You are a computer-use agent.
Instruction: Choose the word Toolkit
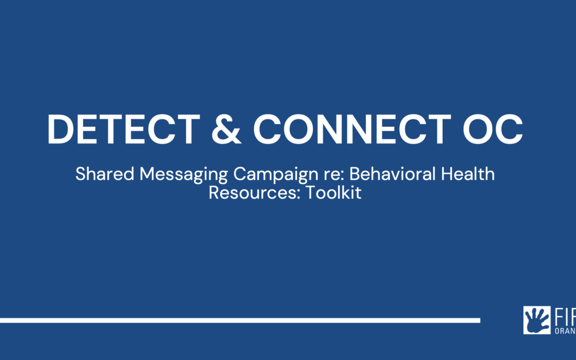tap(333, 193)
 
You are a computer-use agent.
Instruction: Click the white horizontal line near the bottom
tap(240, 321)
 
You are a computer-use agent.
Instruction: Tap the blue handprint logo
tap(537, 320)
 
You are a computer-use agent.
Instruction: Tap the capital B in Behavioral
tap(354, 174)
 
